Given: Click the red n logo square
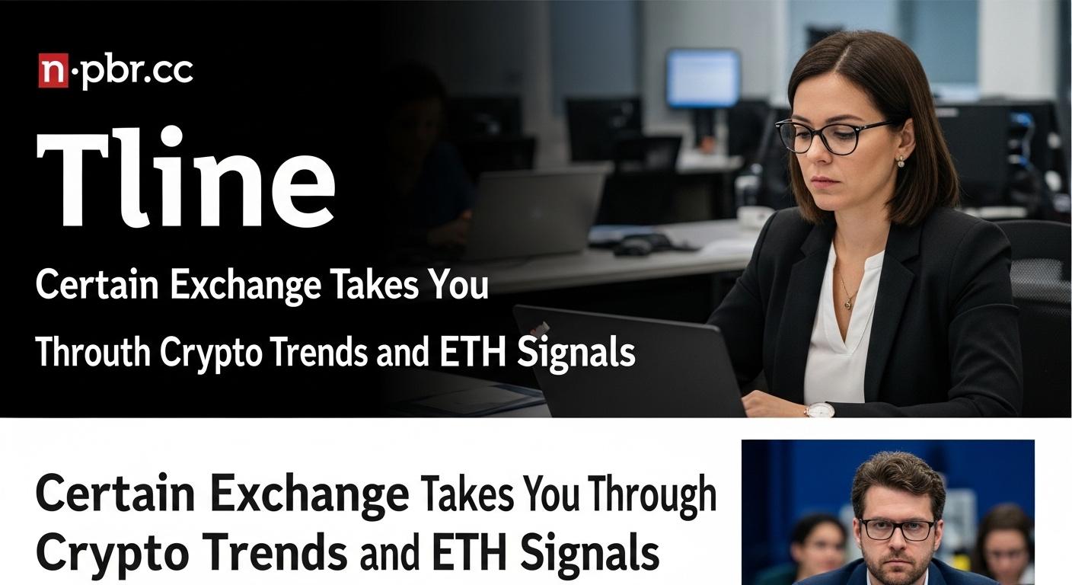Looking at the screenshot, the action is tap(53, 71).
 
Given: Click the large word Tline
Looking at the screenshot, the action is tap(186, 177).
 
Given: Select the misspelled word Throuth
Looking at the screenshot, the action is tap(94, 352).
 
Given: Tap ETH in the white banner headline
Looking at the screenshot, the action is tap(472, 352).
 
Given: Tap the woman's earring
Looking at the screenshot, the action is tap(901, 161).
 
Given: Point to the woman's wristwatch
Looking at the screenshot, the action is tap(819, 411).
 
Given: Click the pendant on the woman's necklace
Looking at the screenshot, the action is tap(848, 303).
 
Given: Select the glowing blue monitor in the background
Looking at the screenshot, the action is tap(703, 78).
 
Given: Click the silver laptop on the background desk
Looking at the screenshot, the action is tap(531, 212).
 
